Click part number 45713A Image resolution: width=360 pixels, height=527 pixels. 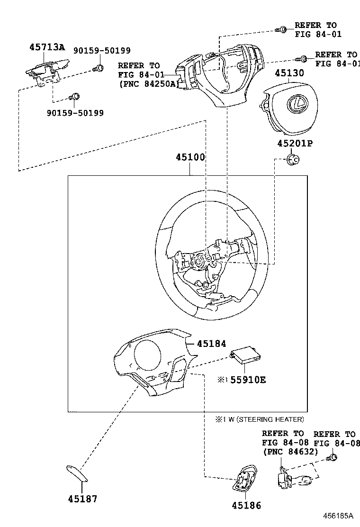pyautogui.click(x=46, y=47)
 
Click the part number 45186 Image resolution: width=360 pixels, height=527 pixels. pyautogui.click(x=246, y=506)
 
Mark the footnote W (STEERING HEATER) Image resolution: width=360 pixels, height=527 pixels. pyautogui.click(x=263, y=419)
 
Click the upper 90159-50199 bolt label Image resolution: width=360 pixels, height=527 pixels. pyautogui.click(x=101, y=51)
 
